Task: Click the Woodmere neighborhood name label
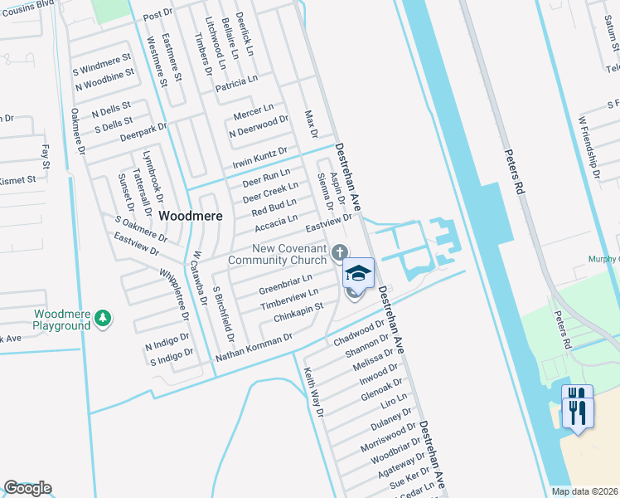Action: click(x=191, y=215)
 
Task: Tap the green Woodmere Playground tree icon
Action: click(x=102, y=318)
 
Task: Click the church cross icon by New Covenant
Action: click(x=338, y=252)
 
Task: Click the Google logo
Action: click(x=27, y=488)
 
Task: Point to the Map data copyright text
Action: click(x=584, y=491)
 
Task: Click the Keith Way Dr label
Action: click(x=312, y=391)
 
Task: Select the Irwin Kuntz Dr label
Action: click(x=259, y=157)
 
